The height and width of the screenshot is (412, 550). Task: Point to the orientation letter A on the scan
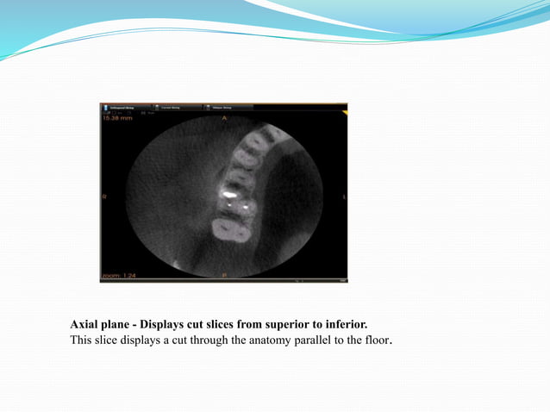click(224, 117)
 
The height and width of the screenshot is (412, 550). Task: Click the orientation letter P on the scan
click(224, 275)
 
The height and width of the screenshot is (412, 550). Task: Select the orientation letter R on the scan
click(104, 197)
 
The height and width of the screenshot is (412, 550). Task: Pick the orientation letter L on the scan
click(344, 197)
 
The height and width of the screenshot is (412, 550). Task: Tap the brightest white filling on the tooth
click(228, 196)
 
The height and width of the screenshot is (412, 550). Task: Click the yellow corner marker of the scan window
click(344, 113)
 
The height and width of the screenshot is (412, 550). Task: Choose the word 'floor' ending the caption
click(376, 340)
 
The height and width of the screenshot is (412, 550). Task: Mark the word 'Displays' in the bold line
click(166, 325)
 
